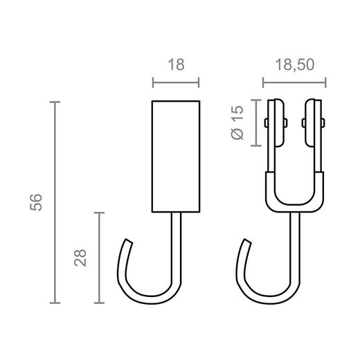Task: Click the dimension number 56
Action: click(x=38, y=202)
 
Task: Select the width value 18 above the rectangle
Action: click(x=175, y=64)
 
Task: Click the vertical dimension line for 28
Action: click(x=101, y=258)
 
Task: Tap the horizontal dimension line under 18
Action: click(x=175, y=85)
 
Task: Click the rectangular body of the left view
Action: click(x=175, y=156)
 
